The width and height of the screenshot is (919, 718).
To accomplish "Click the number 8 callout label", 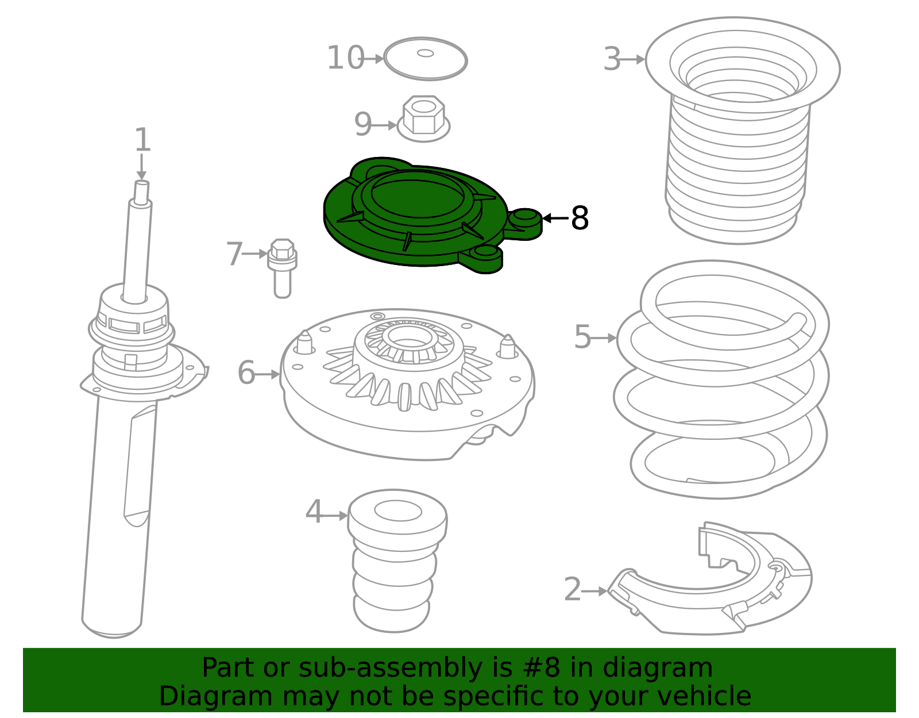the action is [x=580, y=218].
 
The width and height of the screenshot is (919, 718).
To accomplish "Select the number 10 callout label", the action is [x=345, y=57].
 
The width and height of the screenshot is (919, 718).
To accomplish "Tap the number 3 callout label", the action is [x=612, y=59].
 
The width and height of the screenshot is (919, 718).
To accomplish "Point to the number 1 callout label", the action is [x=142, y=140].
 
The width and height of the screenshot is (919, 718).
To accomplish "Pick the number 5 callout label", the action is [x=582, y=337].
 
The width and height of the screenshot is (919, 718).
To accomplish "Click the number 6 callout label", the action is [x=246, y=373].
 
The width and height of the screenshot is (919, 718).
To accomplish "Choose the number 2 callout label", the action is [x=573, y=589].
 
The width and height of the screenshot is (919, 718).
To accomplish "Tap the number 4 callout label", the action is [x=314, y=512].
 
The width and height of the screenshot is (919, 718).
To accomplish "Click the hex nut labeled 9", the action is [x=423, y=118].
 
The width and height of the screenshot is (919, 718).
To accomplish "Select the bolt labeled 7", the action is [x=282, y=268].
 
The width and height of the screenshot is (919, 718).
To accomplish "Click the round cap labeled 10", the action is [x=426, y=59].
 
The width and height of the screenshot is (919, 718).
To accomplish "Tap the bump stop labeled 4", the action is [x=397, y=561].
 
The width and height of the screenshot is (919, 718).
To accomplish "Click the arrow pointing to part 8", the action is [x=555, y=218].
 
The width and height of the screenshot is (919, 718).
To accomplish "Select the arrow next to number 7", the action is [x=255, y=254].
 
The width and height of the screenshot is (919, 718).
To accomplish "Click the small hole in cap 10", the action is [x=426, y=53].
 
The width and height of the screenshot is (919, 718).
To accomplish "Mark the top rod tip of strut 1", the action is [x=142, y=183].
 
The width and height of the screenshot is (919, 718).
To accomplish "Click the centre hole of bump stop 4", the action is [x=398, y=510].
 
